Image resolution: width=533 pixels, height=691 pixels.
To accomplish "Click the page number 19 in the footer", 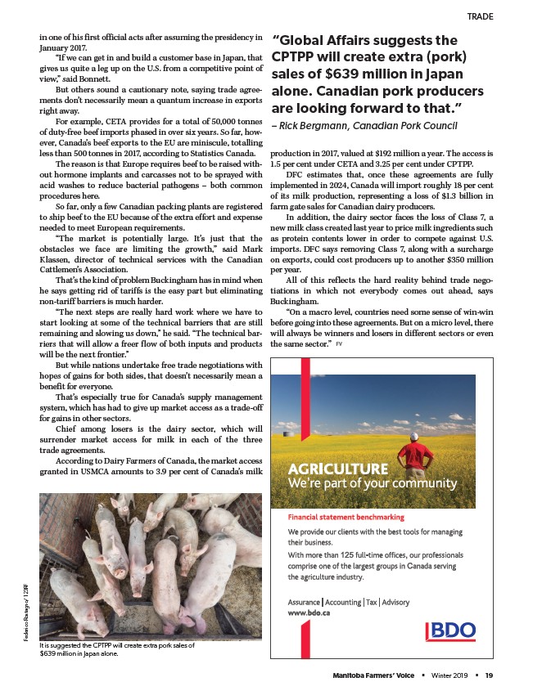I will pyautogui.click(x=489, y=675).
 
